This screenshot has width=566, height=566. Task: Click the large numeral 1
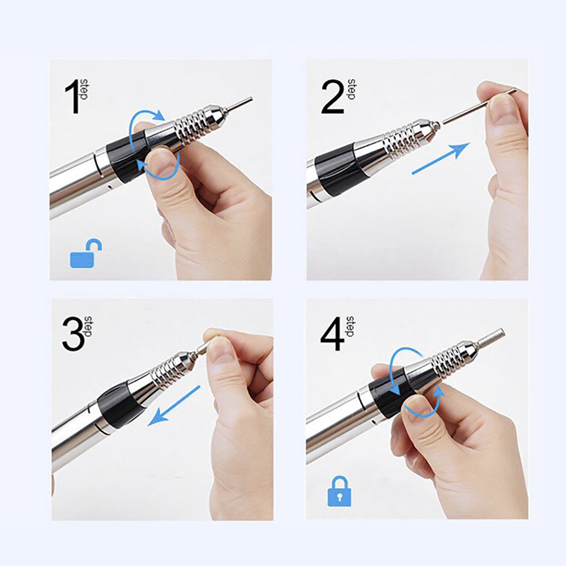73,97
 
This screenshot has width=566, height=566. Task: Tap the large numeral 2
332,97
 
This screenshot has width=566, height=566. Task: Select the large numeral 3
73,335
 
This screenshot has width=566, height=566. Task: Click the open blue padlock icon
85,254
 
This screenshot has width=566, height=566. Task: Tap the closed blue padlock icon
339,491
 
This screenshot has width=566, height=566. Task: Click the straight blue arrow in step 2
441,158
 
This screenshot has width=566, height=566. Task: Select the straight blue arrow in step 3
174,405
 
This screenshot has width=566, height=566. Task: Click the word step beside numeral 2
351,89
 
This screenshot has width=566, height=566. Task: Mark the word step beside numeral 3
88,327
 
